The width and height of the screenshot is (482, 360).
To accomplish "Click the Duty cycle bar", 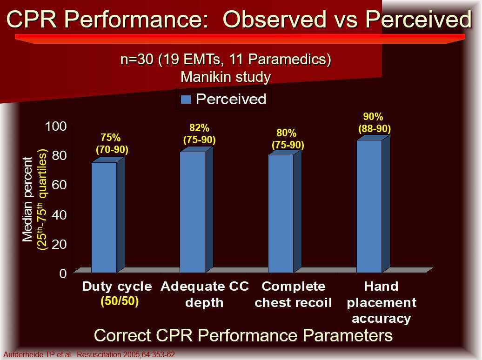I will click(x=104, y=217).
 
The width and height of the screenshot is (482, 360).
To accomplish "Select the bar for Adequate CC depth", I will click(x=193, y=212).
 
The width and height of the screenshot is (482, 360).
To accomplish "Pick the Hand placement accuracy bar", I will click(x=369, y=206).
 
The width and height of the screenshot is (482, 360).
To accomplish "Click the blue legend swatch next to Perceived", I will click(x=186, y=99).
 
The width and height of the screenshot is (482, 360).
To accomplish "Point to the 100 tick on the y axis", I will click(x=56, y=127).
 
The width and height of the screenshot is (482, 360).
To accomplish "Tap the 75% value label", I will click(x=111, y=138).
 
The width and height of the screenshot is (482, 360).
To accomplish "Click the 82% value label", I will click(x=199, y=127).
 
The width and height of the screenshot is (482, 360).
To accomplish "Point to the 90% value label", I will click(x=373, y=117).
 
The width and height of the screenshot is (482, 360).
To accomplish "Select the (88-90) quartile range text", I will click(x=374, y=129).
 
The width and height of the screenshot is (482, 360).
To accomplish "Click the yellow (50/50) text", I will click(x=120, y=301).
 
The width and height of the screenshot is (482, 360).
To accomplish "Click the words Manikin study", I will click(x=226, y=76).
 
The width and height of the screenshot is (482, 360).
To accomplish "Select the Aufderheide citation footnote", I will click(x=89, y=355).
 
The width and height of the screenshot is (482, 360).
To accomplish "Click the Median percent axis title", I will click(x=28, y=199).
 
